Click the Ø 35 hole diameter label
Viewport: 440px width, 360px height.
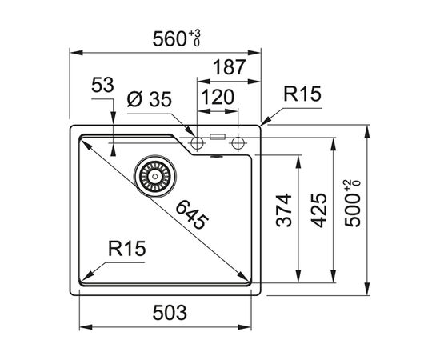click(150, 99)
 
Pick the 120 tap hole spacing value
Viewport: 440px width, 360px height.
click(217, 98)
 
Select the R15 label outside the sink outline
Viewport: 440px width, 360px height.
click(302, 95)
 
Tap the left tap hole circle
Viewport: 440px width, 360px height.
click(196, 142)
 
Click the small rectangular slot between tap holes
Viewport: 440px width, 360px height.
click(216, 137)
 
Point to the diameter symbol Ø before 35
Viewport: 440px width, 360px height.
click(135, 99)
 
